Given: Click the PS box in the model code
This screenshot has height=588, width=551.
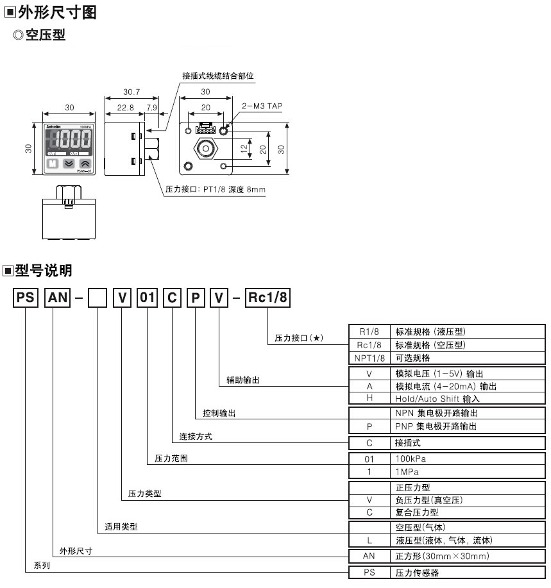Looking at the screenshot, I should (x=24, y=298).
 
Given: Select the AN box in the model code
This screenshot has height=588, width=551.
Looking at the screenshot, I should (x=56, y=298).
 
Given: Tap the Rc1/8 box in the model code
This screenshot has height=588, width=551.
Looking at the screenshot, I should (x=268, y=298).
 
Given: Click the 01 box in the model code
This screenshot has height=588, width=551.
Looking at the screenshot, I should (x=148, y=298).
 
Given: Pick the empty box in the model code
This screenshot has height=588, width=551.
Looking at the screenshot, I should (x=97, y=298).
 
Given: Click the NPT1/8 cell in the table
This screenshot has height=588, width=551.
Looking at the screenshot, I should (x=368, y=358).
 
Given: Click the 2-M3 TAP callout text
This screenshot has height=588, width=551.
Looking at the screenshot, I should (x=261, y=106).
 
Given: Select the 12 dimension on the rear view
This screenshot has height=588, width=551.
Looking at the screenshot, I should (x=244, y=149).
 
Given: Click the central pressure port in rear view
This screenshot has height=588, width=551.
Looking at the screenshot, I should (x=205, y=148).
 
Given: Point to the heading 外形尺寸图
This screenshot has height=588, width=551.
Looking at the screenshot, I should (x=57, y=12).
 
